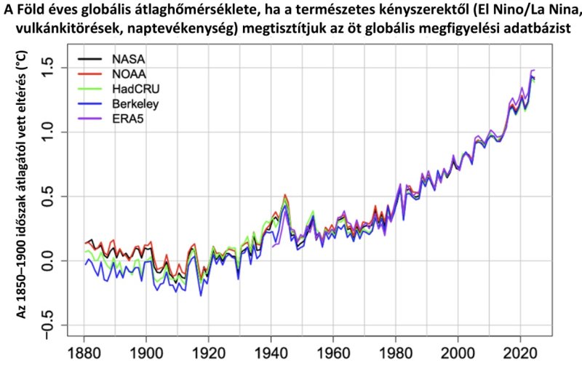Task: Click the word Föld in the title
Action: pos(41,10)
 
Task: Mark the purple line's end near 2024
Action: pos(534,71)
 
